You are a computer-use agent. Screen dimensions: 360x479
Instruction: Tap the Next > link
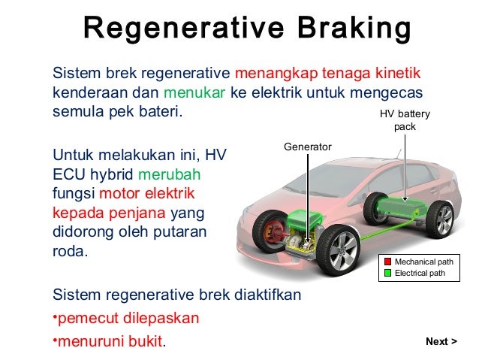(x=441, y=342)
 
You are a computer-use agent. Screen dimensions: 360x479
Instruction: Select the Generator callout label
(x=307, y=147)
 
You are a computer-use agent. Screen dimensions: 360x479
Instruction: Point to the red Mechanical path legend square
(x=388, y=262)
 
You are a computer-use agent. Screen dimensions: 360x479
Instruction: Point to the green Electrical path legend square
(x=388, y=273)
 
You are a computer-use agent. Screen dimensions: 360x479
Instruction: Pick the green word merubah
(x=180, y=174)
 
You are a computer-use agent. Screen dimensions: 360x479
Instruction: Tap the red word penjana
(x=140, y=213)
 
